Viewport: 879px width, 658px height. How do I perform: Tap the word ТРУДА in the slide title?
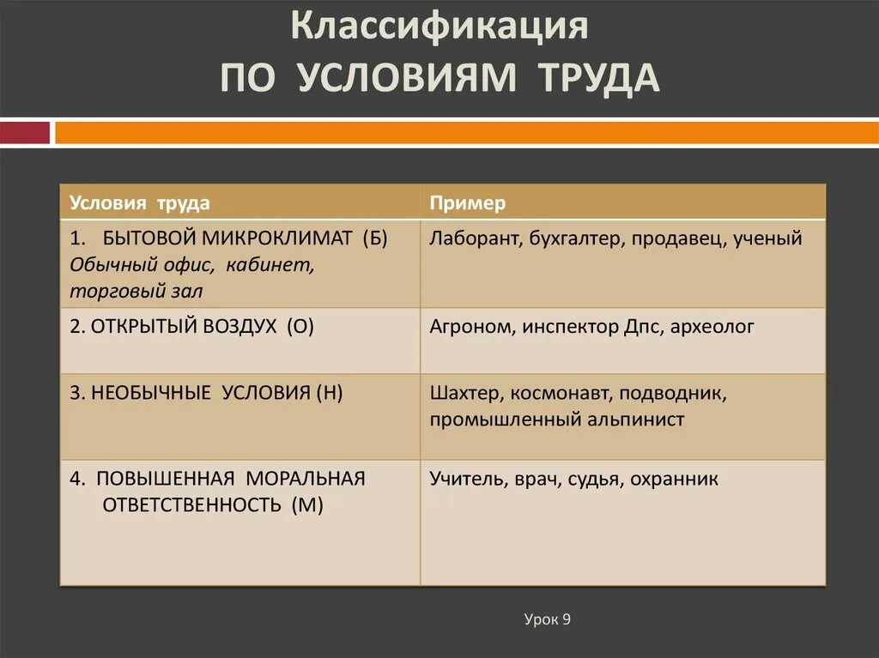tap(599, 78)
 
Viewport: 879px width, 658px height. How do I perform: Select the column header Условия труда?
tap(140, 203)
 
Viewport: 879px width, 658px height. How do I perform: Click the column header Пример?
tap(468, 203)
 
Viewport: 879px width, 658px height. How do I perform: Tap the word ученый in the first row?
tap(767, 238)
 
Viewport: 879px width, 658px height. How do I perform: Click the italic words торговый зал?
tap(136, 292)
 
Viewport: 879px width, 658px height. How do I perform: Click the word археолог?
tap(712, 327)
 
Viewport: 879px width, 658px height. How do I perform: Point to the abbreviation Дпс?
tap(643, 327)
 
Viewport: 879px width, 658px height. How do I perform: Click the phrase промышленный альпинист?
tap(557, 420)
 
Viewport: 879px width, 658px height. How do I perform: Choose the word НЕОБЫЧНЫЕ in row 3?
tap(151, 393)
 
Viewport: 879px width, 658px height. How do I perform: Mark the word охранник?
tap(674, 480)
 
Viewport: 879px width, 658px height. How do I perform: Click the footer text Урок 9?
tap(547, 619)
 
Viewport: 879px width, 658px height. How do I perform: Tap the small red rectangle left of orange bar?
tap(24, 133)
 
